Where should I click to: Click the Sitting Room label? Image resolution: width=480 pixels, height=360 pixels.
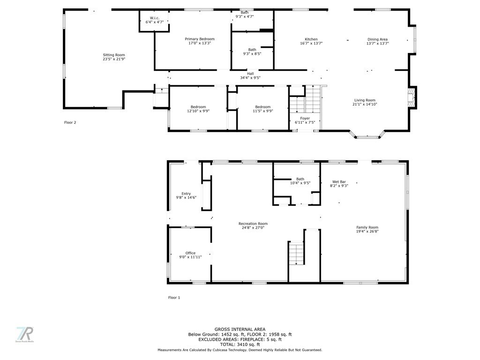coord(114,57)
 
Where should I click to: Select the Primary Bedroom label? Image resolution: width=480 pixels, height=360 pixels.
coord(200,41)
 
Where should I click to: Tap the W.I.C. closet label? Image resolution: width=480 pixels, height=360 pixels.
coord(155,20)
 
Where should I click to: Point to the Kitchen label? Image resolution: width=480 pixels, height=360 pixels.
coord(311,41)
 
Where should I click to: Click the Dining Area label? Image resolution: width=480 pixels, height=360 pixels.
coord(377,41)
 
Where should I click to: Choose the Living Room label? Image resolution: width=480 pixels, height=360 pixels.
coord(365,102)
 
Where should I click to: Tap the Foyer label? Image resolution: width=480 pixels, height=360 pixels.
coord(305,120)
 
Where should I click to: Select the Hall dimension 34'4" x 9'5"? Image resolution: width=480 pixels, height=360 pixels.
coord(250,78)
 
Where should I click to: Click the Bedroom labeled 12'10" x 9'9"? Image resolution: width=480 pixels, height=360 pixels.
coord(198,109)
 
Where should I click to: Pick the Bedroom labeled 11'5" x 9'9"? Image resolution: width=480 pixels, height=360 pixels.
coord(263,109)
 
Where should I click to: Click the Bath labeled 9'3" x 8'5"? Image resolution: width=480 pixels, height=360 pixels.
coord(252,52)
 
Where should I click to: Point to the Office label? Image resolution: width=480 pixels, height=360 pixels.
coord(190,255)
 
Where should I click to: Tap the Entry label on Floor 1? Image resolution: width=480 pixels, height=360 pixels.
coord(186,196)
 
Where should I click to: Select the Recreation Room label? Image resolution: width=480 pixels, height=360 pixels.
coord(253,225)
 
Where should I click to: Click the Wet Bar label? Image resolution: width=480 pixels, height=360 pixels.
coord(339,183)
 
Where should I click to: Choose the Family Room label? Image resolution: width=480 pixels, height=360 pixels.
coord(367,229)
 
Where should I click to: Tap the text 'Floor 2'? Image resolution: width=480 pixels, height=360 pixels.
coord(70,122)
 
